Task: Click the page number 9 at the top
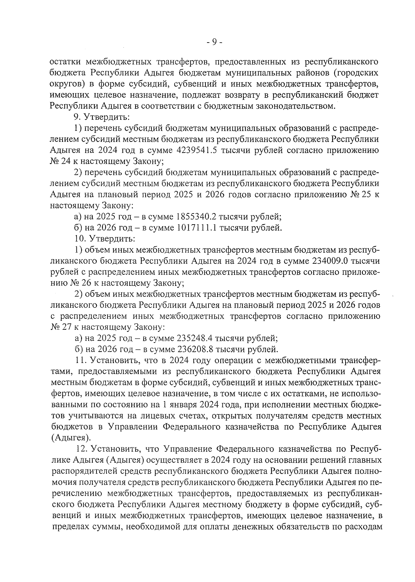click(x=214, y=42)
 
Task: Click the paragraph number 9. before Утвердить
click(x=77, y=117)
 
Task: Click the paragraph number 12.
click(x=83, y=449)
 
